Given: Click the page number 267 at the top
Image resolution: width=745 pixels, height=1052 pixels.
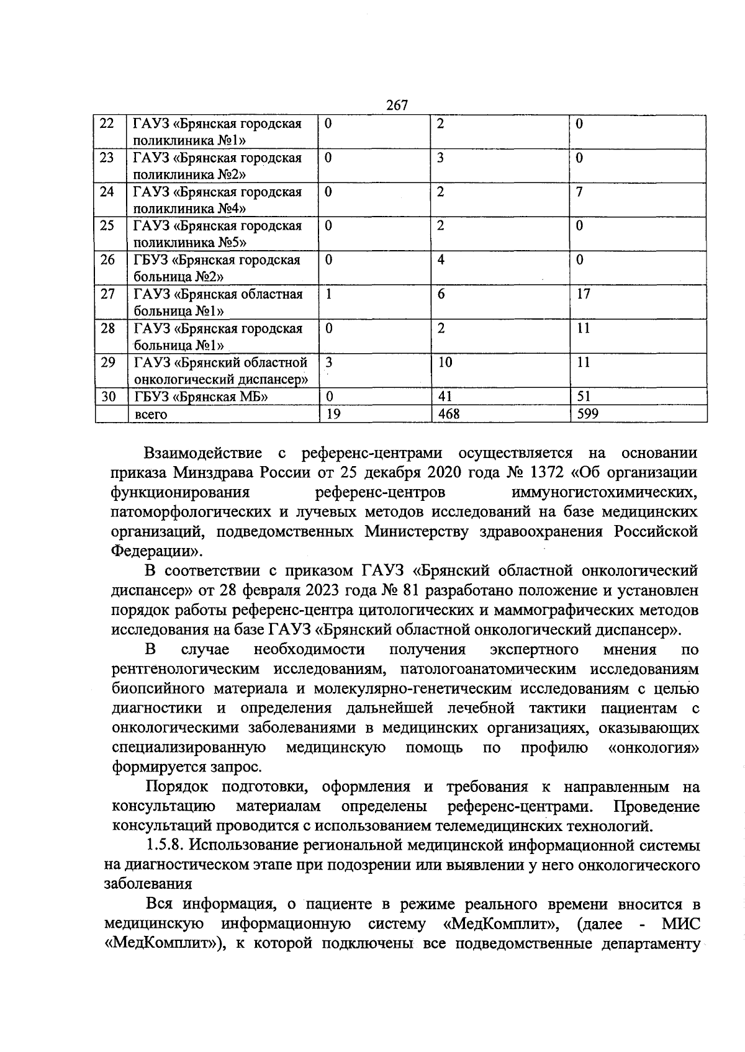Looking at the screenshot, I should pyautogui.click(x=397, y=106).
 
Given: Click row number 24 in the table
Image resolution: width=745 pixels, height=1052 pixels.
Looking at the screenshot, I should pyautogui.click(x=107, y=191).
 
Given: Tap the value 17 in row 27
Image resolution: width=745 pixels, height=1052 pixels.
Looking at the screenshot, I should pyautogui.click(x=583, y=294).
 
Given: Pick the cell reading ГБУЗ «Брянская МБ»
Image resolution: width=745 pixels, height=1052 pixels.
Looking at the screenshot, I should pyautogui.click(x=201, y=396).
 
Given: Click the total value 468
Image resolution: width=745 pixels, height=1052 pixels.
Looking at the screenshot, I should pyautogui.click(x=448, y=413).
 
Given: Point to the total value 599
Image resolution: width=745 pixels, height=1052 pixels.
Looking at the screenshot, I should pyautogui.click(x=587, y=413).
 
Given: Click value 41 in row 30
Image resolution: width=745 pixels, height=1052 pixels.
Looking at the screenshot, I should pyautogui.click(x=445, y=396).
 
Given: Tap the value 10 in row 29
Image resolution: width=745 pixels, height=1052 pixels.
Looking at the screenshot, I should pyautogui.click(x=445, y=362).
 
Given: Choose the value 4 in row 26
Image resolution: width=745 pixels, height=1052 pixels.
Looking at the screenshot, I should pyautogui.click(x=440, y=259).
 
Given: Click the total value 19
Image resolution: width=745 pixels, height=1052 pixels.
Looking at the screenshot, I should pyautogui.click(x=333, y=413).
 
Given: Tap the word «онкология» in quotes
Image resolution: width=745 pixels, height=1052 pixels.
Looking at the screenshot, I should pyautogui.click(x=654, y=748).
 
